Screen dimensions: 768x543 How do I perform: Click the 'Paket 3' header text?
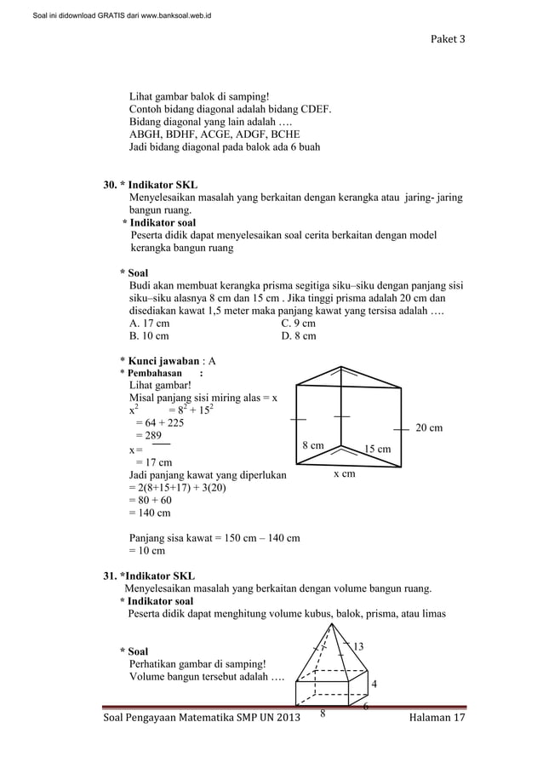point(446,39)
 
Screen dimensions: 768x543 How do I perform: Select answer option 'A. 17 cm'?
point(148,324)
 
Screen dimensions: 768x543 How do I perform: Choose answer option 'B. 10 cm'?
point(148,336)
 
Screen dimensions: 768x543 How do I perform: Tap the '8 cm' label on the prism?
point(313,445)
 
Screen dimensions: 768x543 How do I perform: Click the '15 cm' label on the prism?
point(377,449)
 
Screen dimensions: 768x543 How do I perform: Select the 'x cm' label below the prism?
point(344,473)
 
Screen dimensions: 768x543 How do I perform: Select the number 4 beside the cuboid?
point(374,684)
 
